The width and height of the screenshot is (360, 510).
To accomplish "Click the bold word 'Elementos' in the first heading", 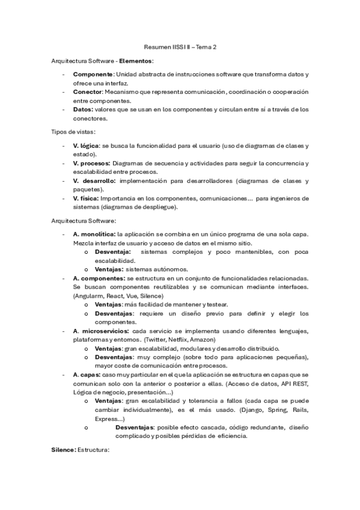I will pos(136,61).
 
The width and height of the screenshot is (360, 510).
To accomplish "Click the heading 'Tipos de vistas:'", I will pos(73,132).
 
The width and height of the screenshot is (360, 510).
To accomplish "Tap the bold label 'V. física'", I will pos(86,198).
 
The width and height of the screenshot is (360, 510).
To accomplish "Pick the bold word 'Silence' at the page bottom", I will pos(63,449).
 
